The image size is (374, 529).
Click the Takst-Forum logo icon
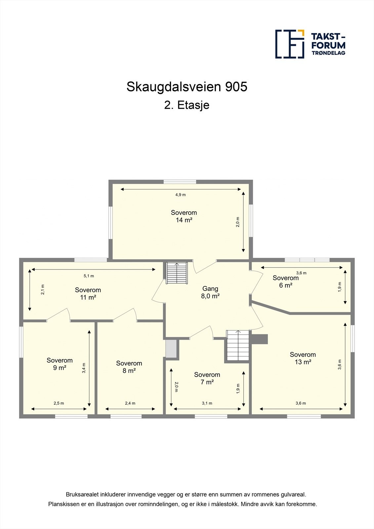click(290, 44)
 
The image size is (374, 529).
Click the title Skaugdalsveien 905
click(187, 87)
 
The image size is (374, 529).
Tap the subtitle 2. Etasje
click(187, 105)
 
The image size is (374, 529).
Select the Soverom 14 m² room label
click(184, 216)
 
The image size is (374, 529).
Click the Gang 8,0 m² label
click(210, 292)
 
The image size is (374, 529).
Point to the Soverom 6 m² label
click(285, 282)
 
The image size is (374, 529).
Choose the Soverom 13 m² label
click(303, 358)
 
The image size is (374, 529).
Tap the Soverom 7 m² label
click(207, 378)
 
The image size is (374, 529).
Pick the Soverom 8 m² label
click(129, 367)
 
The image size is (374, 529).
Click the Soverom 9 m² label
click(60, 364)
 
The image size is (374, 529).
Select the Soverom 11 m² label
click(88, 294)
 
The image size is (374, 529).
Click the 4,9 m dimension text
click(181, 195)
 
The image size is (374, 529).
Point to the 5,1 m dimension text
click(89, 276)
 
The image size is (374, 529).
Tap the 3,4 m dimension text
click(84, 368)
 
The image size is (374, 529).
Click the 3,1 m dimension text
click(207, 403)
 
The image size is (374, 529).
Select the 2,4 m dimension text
click(130, 403)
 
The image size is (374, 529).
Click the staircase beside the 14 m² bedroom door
click(177, 273)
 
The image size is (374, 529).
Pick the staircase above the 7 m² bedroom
click(237, 346)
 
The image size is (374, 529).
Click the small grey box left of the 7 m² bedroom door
click(171, 348)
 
